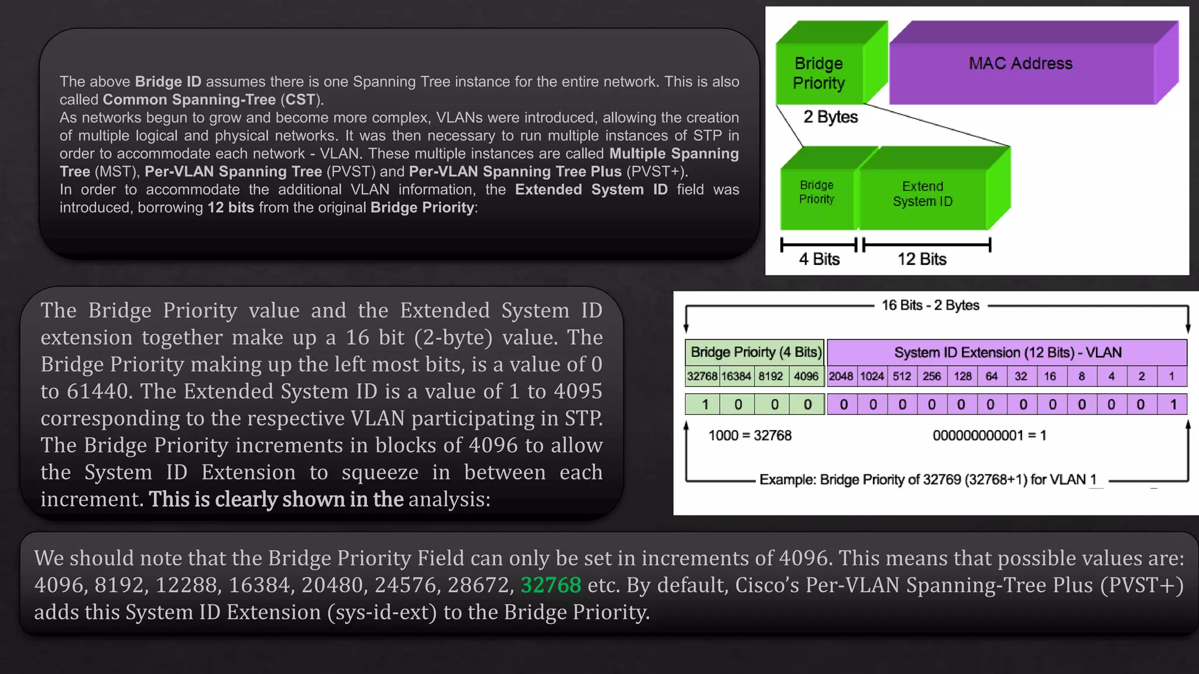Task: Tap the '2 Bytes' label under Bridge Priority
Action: (830, 117)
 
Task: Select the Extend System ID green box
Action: (923, 194)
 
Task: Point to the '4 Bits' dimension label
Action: (819, 259)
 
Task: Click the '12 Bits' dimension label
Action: (922, 259)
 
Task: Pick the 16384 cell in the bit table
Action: (736, 376)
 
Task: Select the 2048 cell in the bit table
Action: (841, 376)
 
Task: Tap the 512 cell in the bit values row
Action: (902, 376)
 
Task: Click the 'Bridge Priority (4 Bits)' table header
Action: (756, 352)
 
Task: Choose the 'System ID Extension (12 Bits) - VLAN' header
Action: (1008, 352)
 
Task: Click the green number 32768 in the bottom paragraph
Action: (550, 585)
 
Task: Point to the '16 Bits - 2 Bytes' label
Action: (930, 305)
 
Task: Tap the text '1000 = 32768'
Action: (749, 436)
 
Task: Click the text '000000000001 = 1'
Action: (989, 436)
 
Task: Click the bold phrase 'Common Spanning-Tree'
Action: (189, 100)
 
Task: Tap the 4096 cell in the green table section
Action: (806, 376)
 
